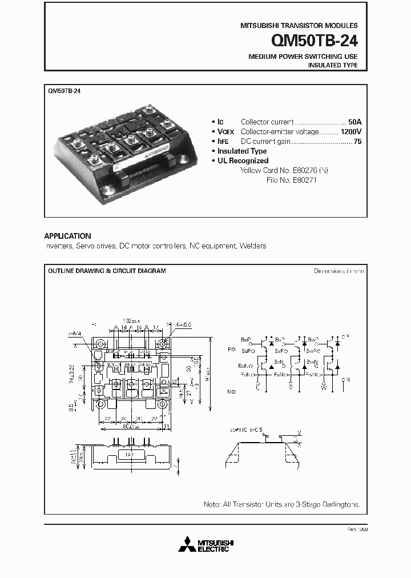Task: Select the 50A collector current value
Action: pyautogui.click(x=354, y=122)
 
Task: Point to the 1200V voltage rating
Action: pyautogui.click(x=350, y=131)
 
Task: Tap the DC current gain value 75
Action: pyautogui.click(x=357, y=141)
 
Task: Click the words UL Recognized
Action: pyautogui.click(x=243, y=160)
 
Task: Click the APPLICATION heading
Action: pyautogui.click(x=67, y=236)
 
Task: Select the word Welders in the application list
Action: pyautogui.click(x=253, y=246)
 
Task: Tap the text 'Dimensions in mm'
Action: pyautogui.click(x=339, y=271)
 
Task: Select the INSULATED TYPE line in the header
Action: pyautogui.click(x=333, y=65)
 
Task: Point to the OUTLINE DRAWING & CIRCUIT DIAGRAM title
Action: pyautogui.click(x=107, y=271)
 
